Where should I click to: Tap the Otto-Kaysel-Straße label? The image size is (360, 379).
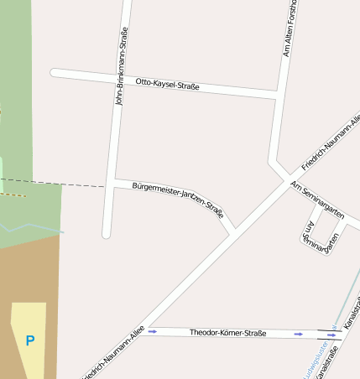tap(167, 84)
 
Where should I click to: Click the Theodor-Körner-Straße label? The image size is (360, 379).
tap(227, 333)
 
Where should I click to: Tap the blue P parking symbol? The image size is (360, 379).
tap(30, 340)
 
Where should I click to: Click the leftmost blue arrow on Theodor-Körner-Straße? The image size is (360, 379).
tap(153, 331)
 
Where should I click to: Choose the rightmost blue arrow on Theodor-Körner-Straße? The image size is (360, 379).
tap(332, 335)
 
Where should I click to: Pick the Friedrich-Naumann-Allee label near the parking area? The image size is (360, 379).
tap(114, 351)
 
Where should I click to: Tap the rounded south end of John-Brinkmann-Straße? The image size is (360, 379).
tap(107, 234)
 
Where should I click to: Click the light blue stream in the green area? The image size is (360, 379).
tap(34, 226)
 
